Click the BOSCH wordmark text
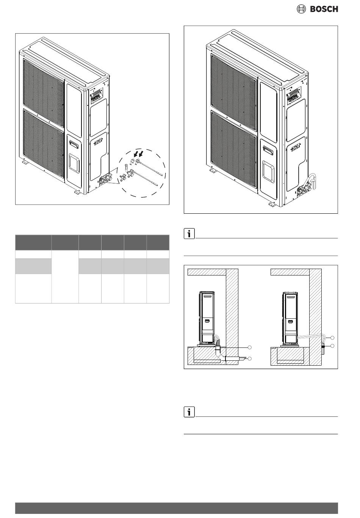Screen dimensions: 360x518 click(x=324, y=9)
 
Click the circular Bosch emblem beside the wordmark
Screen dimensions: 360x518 click(x=301, y=9)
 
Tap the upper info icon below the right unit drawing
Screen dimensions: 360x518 click(x=189, y=234)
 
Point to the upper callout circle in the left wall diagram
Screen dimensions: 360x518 click(x=249, y=347)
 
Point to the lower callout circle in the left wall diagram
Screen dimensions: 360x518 click(x=249, y=359)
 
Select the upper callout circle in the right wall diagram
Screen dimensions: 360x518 click(x=332, y=338)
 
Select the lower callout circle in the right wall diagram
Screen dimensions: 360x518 click(x=332, y=346)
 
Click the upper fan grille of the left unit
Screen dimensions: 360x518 click(x=44, y=92)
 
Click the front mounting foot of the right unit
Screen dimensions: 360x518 click(x=272, y=204)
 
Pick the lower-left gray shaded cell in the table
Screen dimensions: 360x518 click(x=33, y=266)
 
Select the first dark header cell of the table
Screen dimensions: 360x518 click(x=33, y=243)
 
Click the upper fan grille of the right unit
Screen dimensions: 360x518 click(x=234, y=83)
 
